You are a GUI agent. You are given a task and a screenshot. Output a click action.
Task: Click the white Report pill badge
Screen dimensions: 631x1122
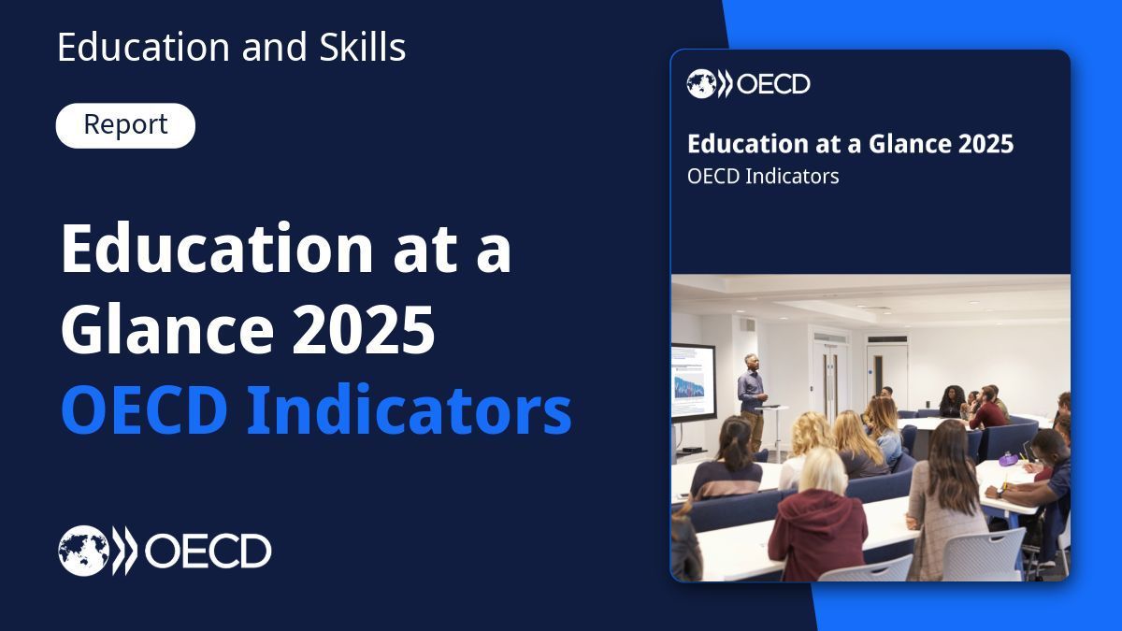click(x=125, y=125)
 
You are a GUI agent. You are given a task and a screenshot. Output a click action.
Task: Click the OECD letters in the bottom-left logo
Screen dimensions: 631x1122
click(x=207, y=552)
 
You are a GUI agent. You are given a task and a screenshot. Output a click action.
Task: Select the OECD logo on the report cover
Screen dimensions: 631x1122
click(x=748, y=84)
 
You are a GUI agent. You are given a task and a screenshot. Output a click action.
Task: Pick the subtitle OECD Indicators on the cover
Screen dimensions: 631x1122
click(x=763, y=176)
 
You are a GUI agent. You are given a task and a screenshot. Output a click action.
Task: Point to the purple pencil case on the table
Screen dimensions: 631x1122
click(x=1007, y=459)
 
